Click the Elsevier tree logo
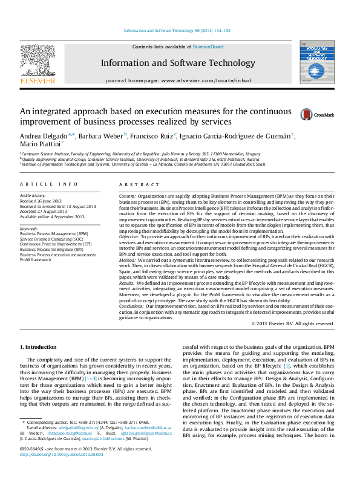(x=38, y=61)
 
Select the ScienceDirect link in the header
(x=208, y=47)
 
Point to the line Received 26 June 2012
(x=41, y=201)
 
